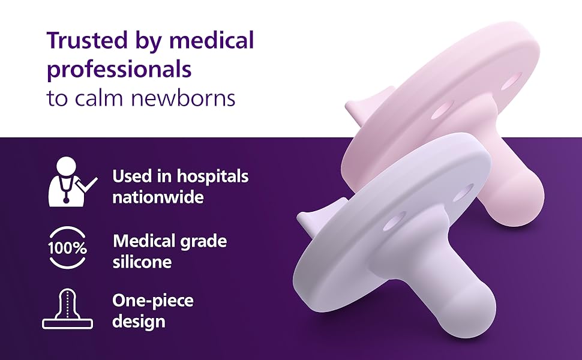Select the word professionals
tap(119, 70)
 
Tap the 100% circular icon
tap(67, 248)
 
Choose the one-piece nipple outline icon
tap(67, 309)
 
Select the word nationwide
tap(158, 197)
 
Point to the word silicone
tap(142, 262)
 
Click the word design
tap(139, 322)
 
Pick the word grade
tap(203, 242)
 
